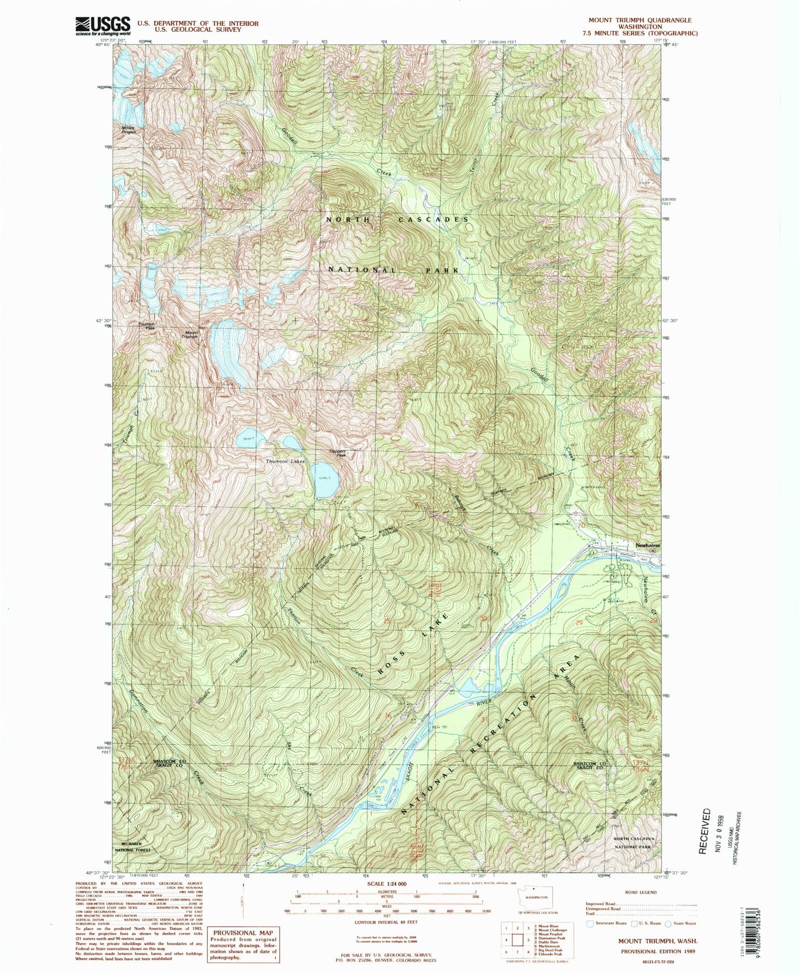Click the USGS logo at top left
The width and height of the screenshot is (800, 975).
pos(102,25)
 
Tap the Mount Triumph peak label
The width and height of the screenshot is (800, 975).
pos(190,334)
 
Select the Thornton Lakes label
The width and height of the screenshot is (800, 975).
pos(285,461)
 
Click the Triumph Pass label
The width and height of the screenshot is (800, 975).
pos(146,326)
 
